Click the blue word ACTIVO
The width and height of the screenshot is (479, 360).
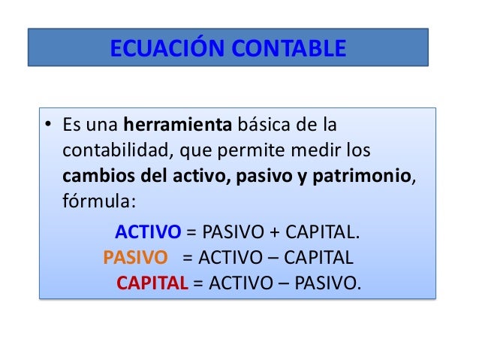click(147, 231)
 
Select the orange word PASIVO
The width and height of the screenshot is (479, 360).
click(135, 258)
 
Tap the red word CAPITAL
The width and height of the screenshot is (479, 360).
click(152, 284)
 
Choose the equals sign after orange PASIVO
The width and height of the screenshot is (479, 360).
click(188, 258)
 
